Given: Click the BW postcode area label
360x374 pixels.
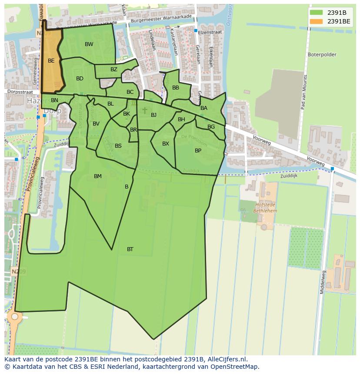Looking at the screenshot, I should [89, 44].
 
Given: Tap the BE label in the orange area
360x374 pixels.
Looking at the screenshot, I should [51, 61].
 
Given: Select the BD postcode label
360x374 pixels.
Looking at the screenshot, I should [80, 79].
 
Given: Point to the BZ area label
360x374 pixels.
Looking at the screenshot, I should [114, 70].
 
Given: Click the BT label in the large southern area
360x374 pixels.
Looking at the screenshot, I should [130, 249].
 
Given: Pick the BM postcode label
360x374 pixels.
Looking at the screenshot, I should [98, 176].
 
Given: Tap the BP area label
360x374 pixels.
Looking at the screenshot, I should [198, 151].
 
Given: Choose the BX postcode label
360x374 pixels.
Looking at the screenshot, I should [166, 144].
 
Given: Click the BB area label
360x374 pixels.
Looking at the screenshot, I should [176, 88].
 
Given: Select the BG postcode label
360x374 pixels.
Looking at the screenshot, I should [211, 127].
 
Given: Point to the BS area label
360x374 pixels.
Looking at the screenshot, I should [118, 146].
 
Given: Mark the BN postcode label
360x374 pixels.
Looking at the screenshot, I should [54, 100].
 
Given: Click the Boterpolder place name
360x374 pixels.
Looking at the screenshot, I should [322, 55].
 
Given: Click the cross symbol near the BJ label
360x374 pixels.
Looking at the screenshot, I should [145, 110].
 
